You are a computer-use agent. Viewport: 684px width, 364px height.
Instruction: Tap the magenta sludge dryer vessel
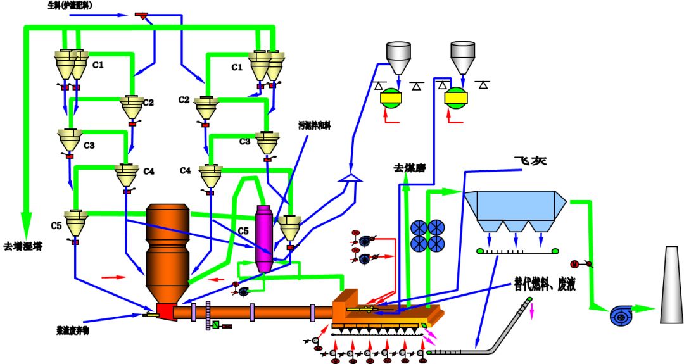(264, 237)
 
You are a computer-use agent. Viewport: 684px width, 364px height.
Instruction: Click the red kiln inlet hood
(166, 311)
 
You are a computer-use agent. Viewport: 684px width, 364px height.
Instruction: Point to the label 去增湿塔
(22, 245)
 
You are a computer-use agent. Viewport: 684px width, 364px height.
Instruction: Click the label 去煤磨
(408, 168)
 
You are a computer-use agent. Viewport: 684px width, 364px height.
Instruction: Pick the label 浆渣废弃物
(75, 330)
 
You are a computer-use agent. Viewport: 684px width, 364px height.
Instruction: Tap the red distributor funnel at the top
(141, 15)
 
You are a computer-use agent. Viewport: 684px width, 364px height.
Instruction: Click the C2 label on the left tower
(148, 102)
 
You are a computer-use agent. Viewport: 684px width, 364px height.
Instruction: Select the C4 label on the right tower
(185, 170)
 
